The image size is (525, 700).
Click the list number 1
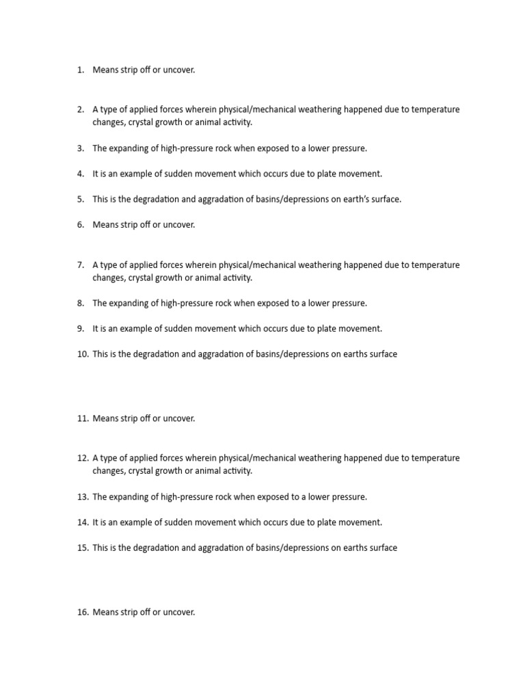[80, 70]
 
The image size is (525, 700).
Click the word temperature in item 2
[434, 109]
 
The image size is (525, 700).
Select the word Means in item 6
[105, 225]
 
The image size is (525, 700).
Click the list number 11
[83, 418]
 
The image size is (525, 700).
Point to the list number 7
[80, 265]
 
